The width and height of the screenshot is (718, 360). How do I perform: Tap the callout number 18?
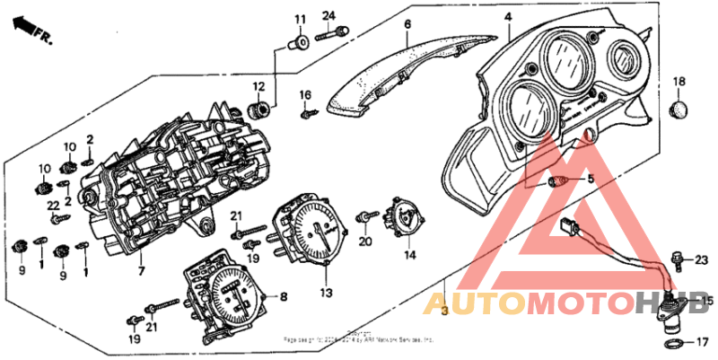(x=679, y=82)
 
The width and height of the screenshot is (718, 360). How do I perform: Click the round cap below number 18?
(x=679, y=110)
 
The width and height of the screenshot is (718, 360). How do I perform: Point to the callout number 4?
(x=507, y=16)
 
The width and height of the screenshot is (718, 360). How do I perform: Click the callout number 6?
(x=407, y=23)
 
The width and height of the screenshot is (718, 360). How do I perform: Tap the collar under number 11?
(x=302, y=40)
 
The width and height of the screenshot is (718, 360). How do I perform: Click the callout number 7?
(x=140, y=271)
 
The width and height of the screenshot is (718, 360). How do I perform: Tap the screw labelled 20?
(x=367, y=217)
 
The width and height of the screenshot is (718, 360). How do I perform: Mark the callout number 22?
(x=53, y=206)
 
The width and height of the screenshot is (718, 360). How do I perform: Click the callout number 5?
(x=590, y=180)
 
